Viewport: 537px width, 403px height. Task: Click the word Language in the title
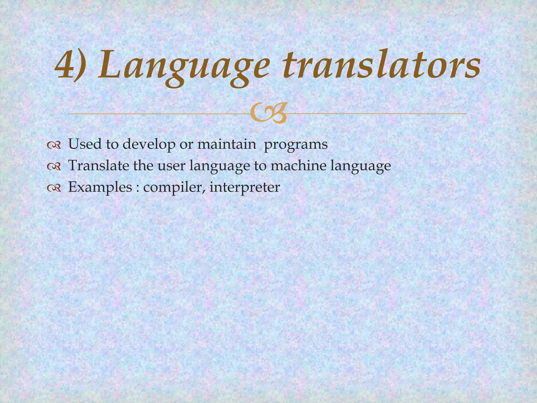point(184,67)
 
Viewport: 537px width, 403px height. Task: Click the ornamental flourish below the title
point(268,114)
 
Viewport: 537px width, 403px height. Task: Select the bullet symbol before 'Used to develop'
point(54,145)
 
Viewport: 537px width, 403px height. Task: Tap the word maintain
point(227,144)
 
